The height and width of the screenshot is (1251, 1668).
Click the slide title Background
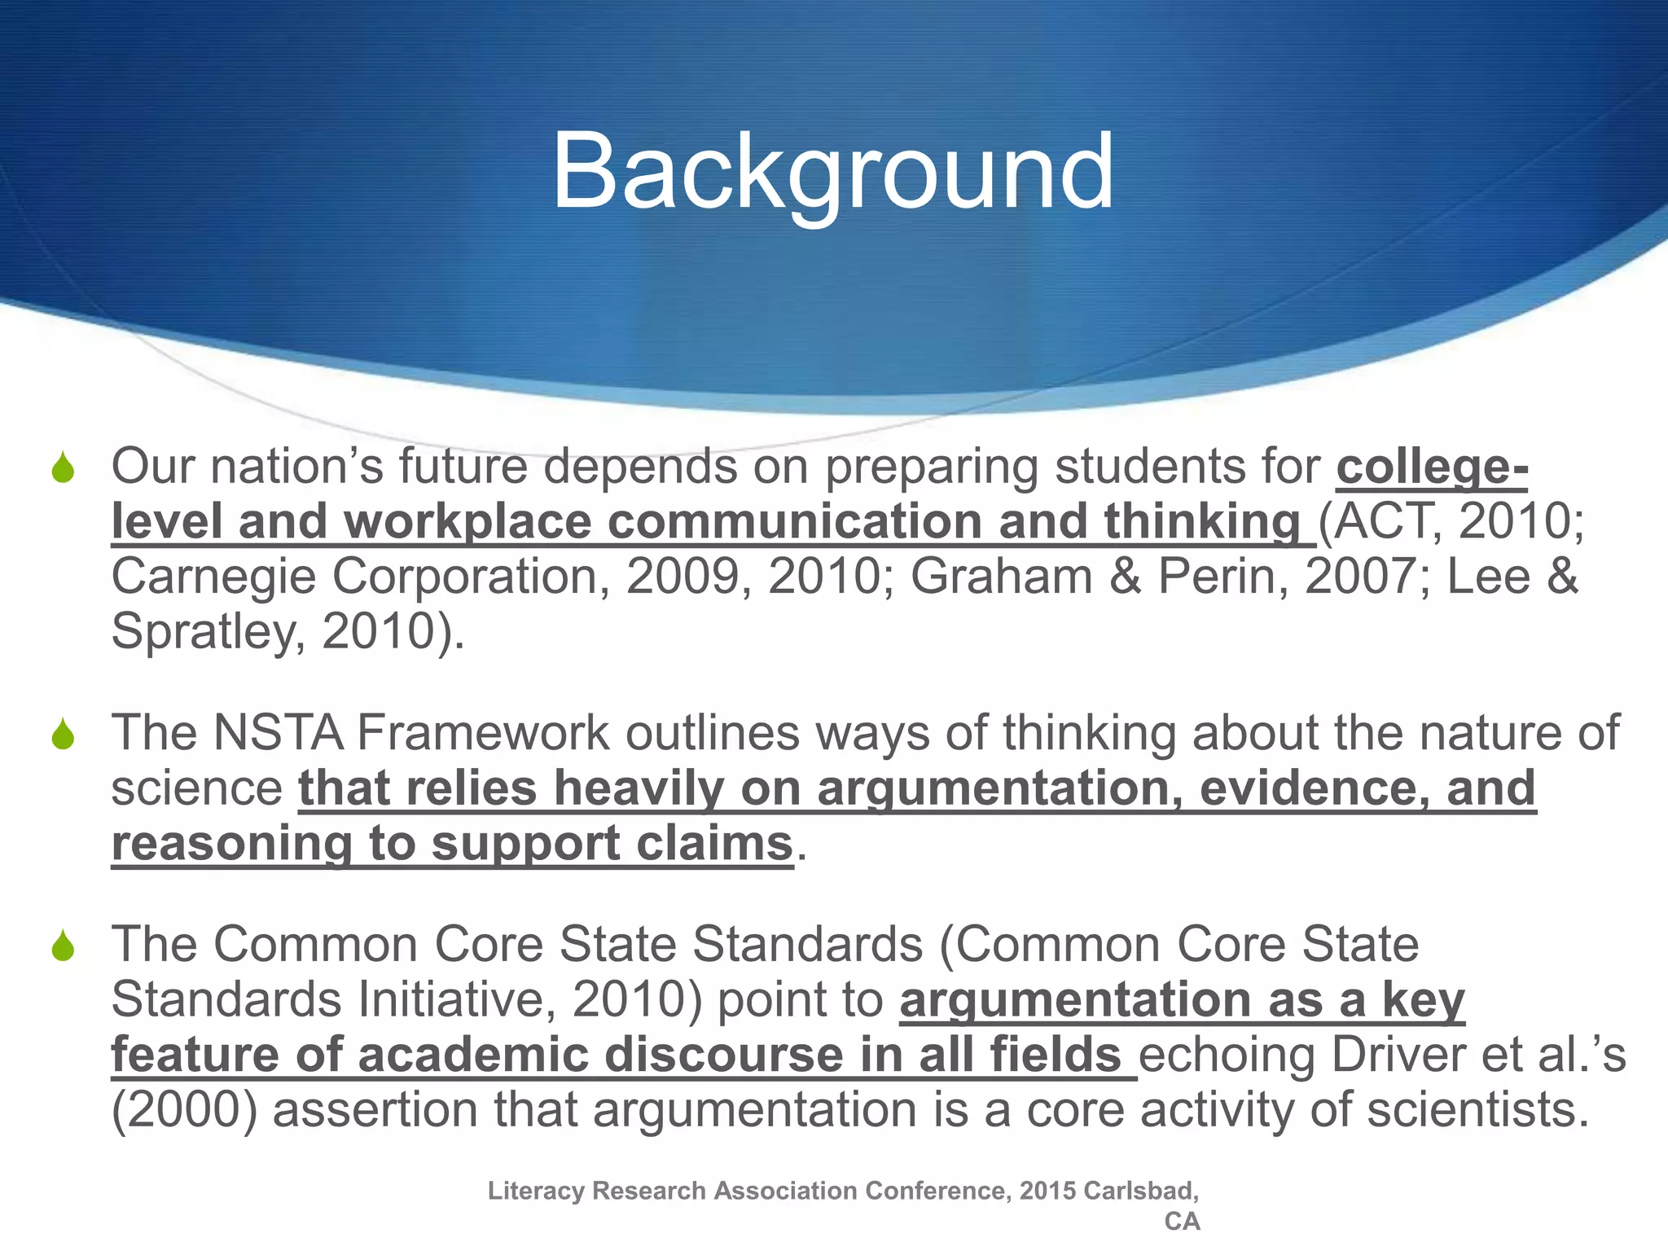[832, 173]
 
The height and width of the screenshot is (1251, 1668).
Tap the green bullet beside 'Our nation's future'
[63, 469]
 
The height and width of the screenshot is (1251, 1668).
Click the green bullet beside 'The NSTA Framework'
[63, 735]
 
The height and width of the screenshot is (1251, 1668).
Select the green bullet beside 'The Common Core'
[63, 946]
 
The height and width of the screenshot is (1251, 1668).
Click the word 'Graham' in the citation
[1001, 577]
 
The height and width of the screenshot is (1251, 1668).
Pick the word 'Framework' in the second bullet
[482, 732]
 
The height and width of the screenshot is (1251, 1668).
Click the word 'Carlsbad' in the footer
[1141, 1191]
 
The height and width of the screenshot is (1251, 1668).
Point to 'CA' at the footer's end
[1182, 1222]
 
